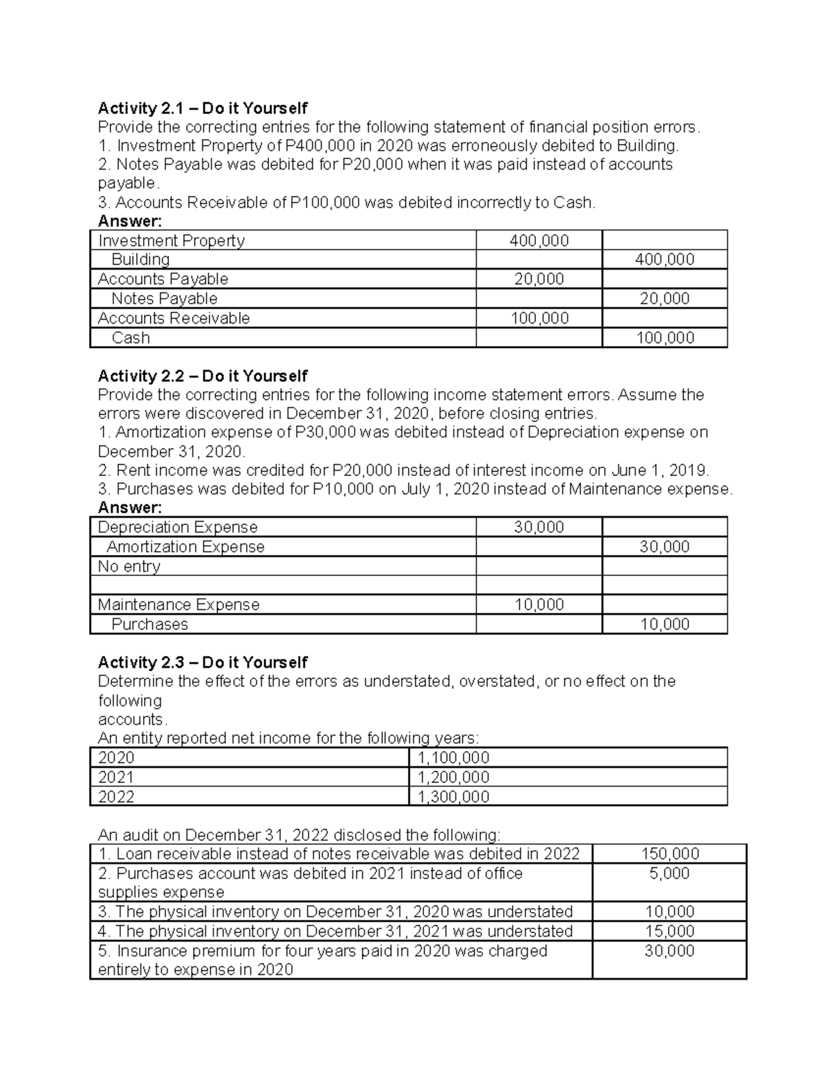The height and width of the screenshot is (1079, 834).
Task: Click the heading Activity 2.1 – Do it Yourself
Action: coord(202,108)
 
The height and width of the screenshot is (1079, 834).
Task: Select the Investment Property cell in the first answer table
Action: coord(171,240)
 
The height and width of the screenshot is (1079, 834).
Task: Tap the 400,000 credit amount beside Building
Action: coord(664,259)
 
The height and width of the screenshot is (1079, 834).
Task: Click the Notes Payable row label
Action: coord(164,299)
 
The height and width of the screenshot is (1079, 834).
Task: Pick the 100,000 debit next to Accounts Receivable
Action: coord(539,318)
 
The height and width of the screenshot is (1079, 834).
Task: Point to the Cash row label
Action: coord(131,338)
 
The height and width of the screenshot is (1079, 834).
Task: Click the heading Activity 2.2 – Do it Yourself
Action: coord(202,376)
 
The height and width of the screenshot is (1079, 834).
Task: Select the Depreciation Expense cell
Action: coord(177,527)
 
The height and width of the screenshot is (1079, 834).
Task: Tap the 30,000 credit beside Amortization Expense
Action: coord(664,547)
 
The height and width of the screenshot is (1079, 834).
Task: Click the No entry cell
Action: coord(129,566)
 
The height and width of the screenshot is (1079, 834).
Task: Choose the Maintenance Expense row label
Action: coord(179,604)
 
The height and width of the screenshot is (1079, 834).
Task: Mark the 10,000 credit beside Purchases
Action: coord(664,624)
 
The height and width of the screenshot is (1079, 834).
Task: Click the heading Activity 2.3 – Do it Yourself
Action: coord(202,662)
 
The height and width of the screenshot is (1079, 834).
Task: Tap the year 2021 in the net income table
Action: coord(116,777)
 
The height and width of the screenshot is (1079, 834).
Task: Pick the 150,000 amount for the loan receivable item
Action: coord(669,854)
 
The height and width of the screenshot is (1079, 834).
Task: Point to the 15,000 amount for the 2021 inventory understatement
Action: coord(669,931)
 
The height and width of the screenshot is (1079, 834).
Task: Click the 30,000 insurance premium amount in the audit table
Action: coord(669,951)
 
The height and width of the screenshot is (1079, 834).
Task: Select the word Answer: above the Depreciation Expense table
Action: coord(129,508)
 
